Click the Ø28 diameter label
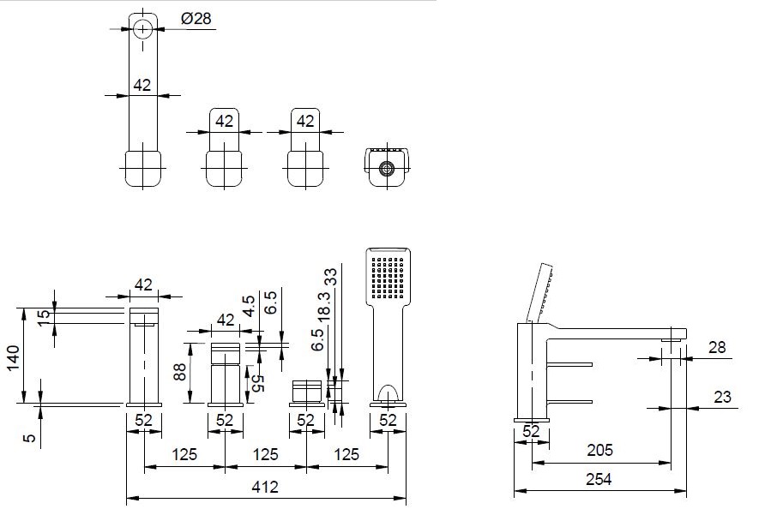click(197, 19)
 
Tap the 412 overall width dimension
click(266, 488)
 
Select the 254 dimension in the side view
click(600, 480)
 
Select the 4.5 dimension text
click(250, 307)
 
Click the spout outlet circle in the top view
click(143, 28)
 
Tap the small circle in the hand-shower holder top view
click(387, 167)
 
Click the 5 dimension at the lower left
click(31, 437)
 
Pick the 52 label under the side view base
click(531, 431)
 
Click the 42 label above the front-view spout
click(143, 284)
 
